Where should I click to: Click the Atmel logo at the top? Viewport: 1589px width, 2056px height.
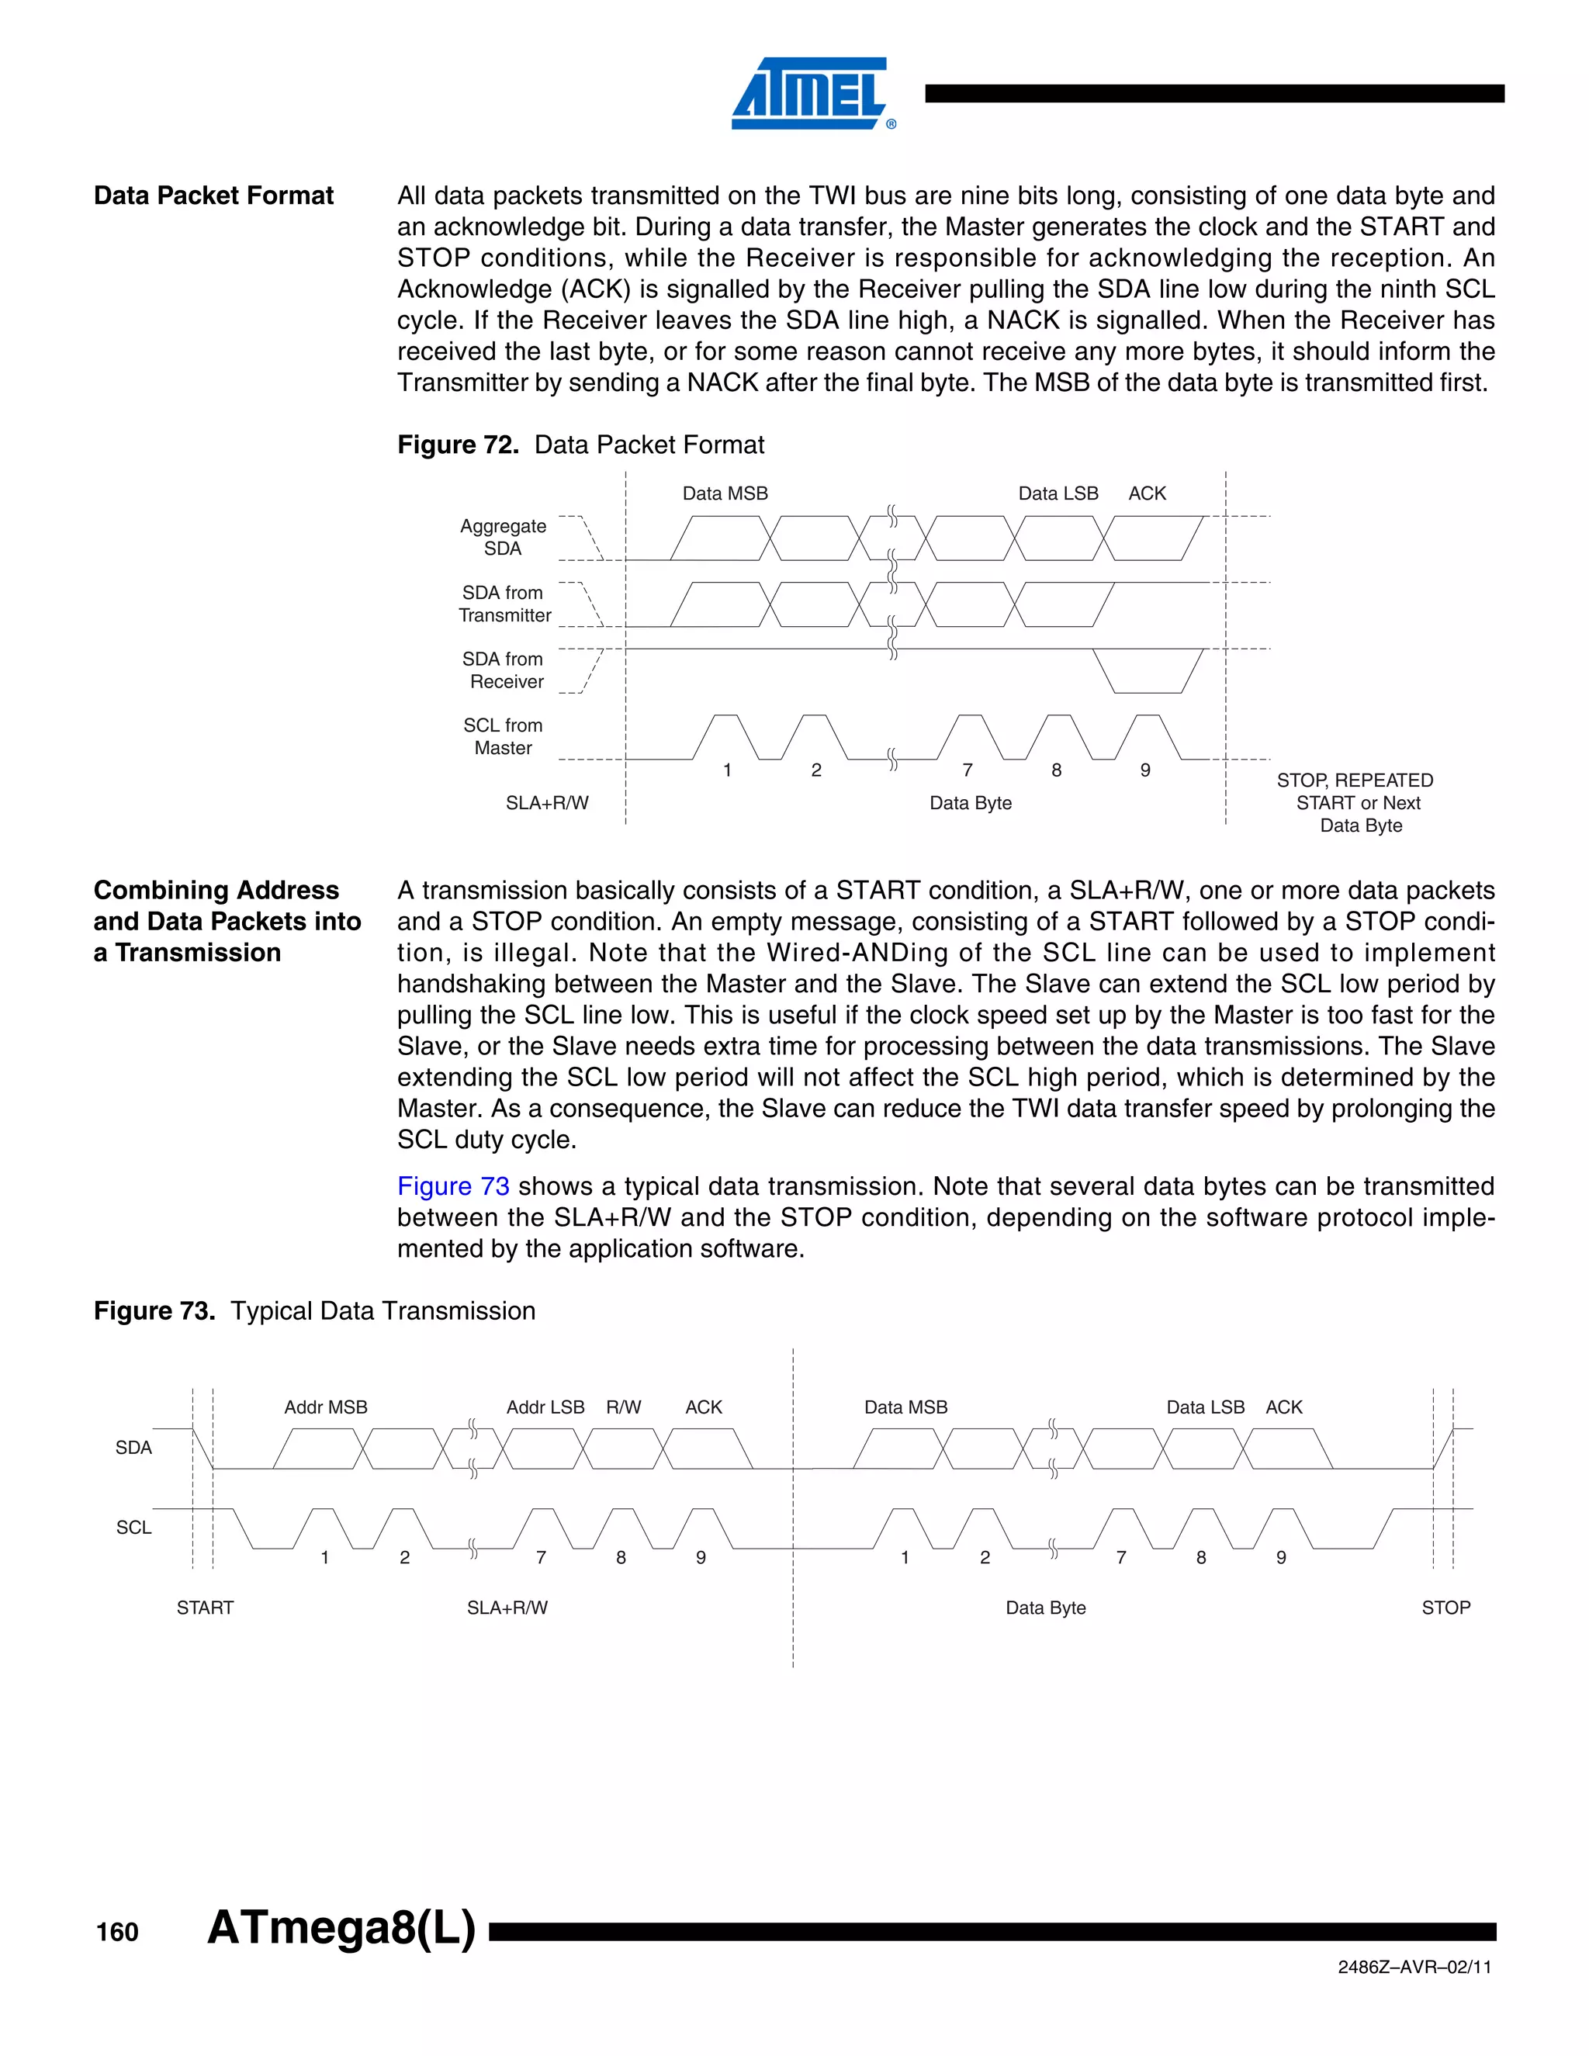click(812, 93)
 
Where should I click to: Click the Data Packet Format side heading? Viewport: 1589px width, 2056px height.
click(213, 196)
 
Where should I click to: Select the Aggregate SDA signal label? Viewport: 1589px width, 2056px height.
click(503, 538)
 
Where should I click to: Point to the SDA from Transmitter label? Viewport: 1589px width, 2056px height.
click(504, 604)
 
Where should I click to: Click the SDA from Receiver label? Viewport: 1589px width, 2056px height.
click(504, 670)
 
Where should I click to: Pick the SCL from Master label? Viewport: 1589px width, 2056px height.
click(503, 736)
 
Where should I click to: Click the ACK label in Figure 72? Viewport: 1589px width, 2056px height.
click(1147, 493)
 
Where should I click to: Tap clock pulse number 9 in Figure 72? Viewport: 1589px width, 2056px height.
click(1144, 770)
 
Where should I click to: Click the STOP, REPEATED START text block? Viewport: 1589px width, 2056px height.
click(1356, 803)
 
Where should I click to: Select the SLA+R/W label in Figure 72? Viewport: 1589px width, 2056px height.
click(547, 803)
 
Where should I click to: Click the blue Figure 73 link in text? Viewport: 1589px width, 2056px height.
click(453, 1186)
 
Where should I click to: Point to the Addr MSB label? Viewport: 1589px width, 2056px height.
click(326, 1407)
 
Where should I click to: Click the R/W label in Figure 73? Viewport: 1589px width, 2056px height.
click(623, 1407)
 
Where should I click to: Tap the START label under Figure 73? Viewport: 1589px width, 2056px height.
click(205, 1608)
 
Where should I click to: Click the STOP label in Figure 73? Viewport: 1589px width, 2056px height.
click(1445, 1608)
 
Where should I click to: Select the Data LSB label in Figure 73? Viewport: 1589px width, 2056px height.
click(1205, 1407)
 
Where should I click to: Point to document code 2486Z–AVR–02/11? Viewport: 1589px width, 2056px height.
click(1414, 1968)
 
